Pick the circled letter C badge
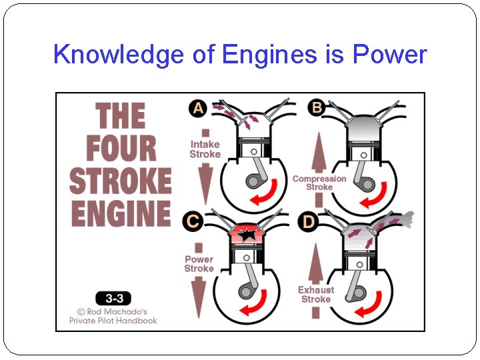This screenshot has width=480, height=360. click(x=194, y=221)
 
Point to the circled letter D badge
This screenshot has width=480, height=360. click(x=308, y=221)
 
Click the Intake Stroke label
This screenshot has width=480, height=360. click(x=205, y=149)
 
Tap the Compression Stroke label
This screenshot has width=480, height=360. click(x=319, y=183)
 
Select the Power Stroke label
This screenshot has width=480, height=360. click(x=199, y=264)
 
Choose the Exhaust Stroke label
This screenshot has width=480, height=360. click(x=316, y=295)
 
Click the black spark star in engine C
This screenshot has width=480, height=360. click(x=248, y=234)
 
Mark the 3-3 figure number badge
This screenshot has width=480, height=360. click(x=113, y=298)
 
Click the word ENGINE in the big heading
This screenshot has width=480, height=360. click(x=121, y=213)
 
